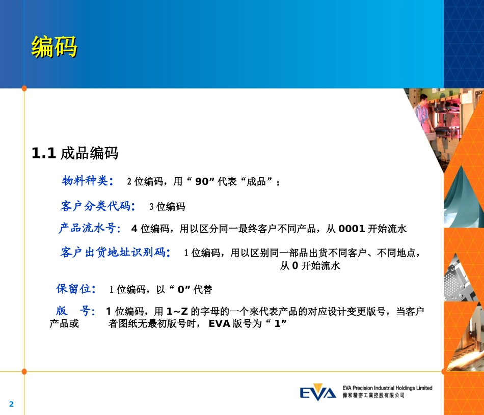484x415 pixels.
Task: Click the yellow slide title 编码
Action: click(54, 47)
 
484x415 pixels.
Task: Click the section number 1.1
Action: click(43, 153)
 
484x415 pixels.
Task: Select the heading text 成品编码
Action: click(89, 153)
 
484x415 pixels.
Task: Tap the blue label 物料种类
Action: click(85, 181)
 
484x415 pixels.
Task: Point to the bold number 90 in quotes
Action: click(202, 181)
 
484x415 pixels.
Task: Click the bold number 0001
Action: click(352, 229)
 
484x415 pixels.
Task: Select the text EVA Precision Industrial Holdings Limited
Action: click(387, 388)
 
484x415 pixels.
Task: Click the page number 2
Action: click(12, 404)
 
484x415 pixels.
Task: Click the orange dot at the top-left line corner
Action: click(24, 88)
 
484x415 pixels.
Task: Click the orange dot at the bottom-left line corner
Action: click(24, 371)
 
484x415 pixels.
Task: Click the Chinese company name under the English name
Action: click(373, 395)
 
